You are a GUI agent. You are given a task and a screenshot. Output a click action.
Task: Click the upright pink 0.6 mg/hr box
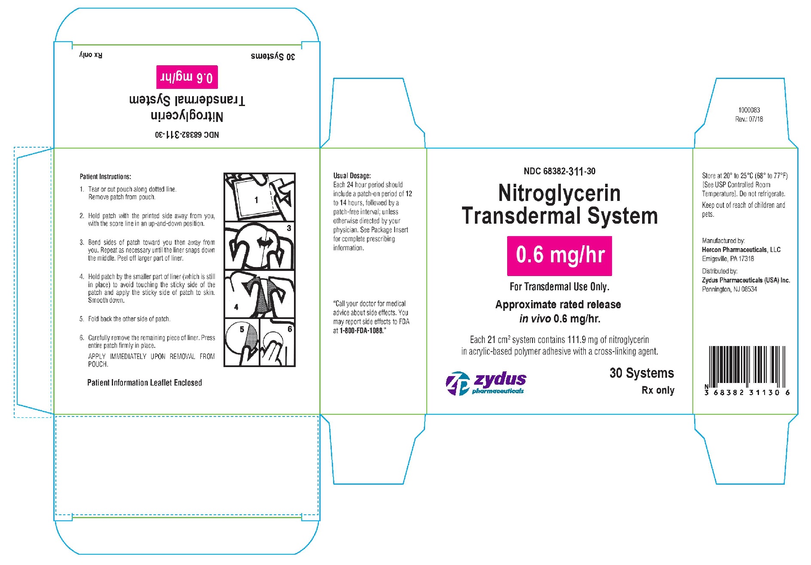[x=559, y=255]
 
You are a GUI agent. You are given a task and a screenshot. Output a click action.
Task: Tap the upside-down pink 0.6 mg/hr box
[x=187, y=77]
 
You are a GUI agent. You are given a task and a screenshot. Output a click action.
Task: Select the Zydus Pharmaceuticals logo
[x=486, y=383]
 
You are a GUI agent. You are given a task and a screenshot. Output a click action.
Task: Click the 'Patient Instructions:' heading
[x=105, y=176]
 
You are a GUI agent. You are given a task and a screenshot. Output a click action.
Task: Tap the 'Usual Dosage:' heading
[x=352, y=176]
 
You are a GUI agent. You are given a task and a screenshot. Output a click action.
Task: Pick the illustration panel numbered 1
[x=260, y=197]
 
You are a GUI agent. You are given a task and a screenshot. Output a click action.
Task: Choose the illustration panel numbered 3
[x=260, y=246]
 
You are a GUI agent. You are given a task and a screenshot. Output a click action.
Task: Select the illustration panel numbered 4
[x=260, y=294]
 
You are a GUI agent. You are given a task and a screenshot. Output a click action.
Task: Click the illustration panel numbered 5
[x=242, y=342]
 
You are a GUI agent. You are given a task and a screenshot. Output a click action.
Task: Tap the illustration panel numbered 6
[x=278, y=342]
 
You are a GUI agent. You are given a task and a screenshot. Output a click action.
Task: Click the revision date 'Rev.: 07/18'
[x=749, y=119]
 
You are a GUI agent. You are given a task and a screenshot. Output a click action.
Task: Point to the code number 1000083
[x=749, y=110]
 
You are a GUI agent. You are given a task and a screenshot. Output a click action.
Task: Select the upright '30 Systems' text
[x=642, y=373]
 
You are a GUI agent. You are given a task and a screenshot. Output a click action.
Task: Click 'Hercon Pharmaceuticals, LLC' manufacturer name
[x=741, y=250]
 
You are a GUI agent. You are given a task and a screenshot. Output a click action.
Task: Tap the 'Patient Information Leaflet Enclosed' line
[x=144, y=383]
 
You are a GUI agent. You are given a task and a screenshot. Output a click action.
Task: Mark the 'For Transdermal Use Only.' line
[x=559, y=287]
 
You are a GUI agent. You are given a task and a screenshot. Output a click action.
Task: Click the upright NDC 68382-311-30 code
[x=560, y=171]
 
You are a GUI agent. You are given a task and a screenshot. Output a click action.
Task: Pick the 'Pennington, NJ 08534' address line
[x=730, y=289]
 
